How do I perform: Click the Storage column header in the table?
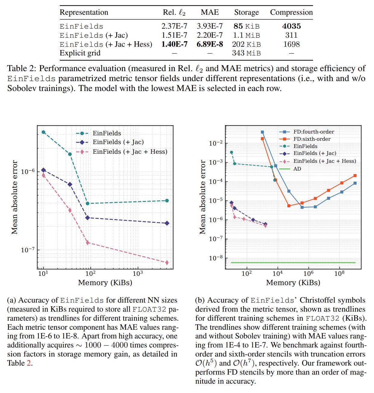click(246, 12)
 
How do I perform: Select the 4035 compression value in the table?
click(291, 26)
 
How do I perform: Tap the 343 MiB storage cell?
click(246, 53)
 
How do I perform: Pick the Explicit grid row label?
click(80, 53)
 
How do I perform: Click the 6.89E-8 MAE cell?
click(210, 44)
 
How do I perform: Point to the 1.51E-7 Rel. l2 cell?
click(174, 35)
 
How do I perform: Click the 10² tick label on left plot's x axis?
click(90, 273)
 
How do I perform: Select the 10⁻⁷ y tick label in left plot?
click(28, 250)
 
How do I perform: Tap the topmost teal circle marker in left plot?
click(43, 132)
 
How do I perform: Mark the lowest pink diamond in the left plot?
click(167, 263)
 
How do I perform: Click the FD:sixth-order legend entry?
click(312, 139)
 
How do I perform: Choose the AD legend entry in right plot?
click(297, 169)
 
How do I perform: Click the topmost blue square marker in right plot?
click(262, 132)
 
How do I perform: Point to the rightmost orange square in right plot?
click(355, 175)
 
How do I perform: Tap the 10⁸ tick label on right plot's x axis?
click(339, 273)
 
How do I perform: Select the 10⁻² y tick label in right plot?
click(216, 143)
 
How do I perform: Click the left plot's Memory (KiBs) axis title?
click(105, 283)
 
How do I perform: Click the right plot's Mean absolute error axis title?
click(203, 197)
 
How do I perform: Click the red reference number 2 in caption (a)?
click(29, 363)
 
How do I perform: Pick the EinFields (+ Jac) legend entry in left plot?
click(118, 142)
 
